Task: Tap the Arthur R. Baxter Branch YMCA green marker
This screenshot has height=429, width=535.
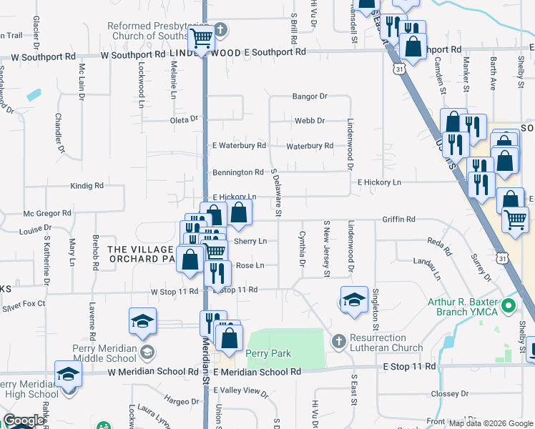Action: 509,307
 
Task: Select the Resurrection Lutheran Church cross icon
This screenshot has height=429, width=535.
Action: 339,338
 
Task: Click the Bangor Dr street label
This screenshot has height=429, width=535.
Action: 309,97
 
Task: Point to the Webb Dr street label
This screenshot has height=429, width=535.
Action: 310,121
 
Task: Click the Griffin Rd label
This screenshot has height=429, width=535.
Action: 398,220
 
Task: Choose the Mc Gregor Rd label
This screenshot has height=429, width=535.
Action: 47,213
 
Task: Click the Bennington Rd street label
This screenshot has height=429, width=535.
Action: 238,172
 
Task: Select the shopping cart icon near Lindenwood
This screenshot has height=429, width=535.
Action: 201,37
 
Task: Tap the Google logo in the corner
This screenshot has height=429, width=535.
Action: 24,420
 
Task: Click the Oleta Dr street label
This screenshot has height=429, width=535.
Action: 184,119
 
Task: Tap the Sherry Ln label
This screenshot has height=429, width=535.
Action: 250,242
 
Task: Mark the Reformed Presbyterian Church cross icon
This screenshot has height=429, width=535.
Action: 221,30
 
